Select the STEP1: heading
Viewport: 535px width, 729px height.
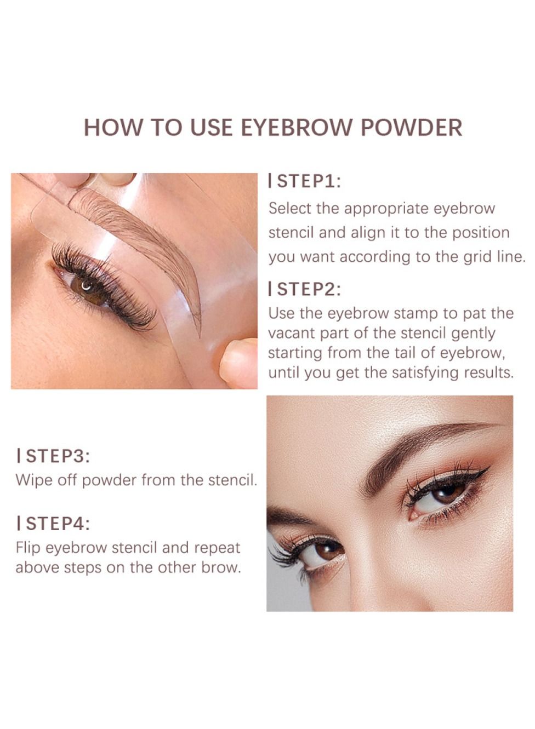pos(304,181)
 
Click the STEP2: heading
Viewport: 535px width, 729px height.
pos(304,289)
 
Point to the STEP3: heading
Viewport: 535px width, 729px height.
pos(53,456)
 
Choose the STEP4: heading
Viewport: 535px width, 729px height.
pos(53,524)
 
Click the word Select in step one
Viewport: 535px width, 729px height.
pos(289,208)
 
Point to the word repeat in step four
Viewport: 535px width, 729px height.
pos(217,548)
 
